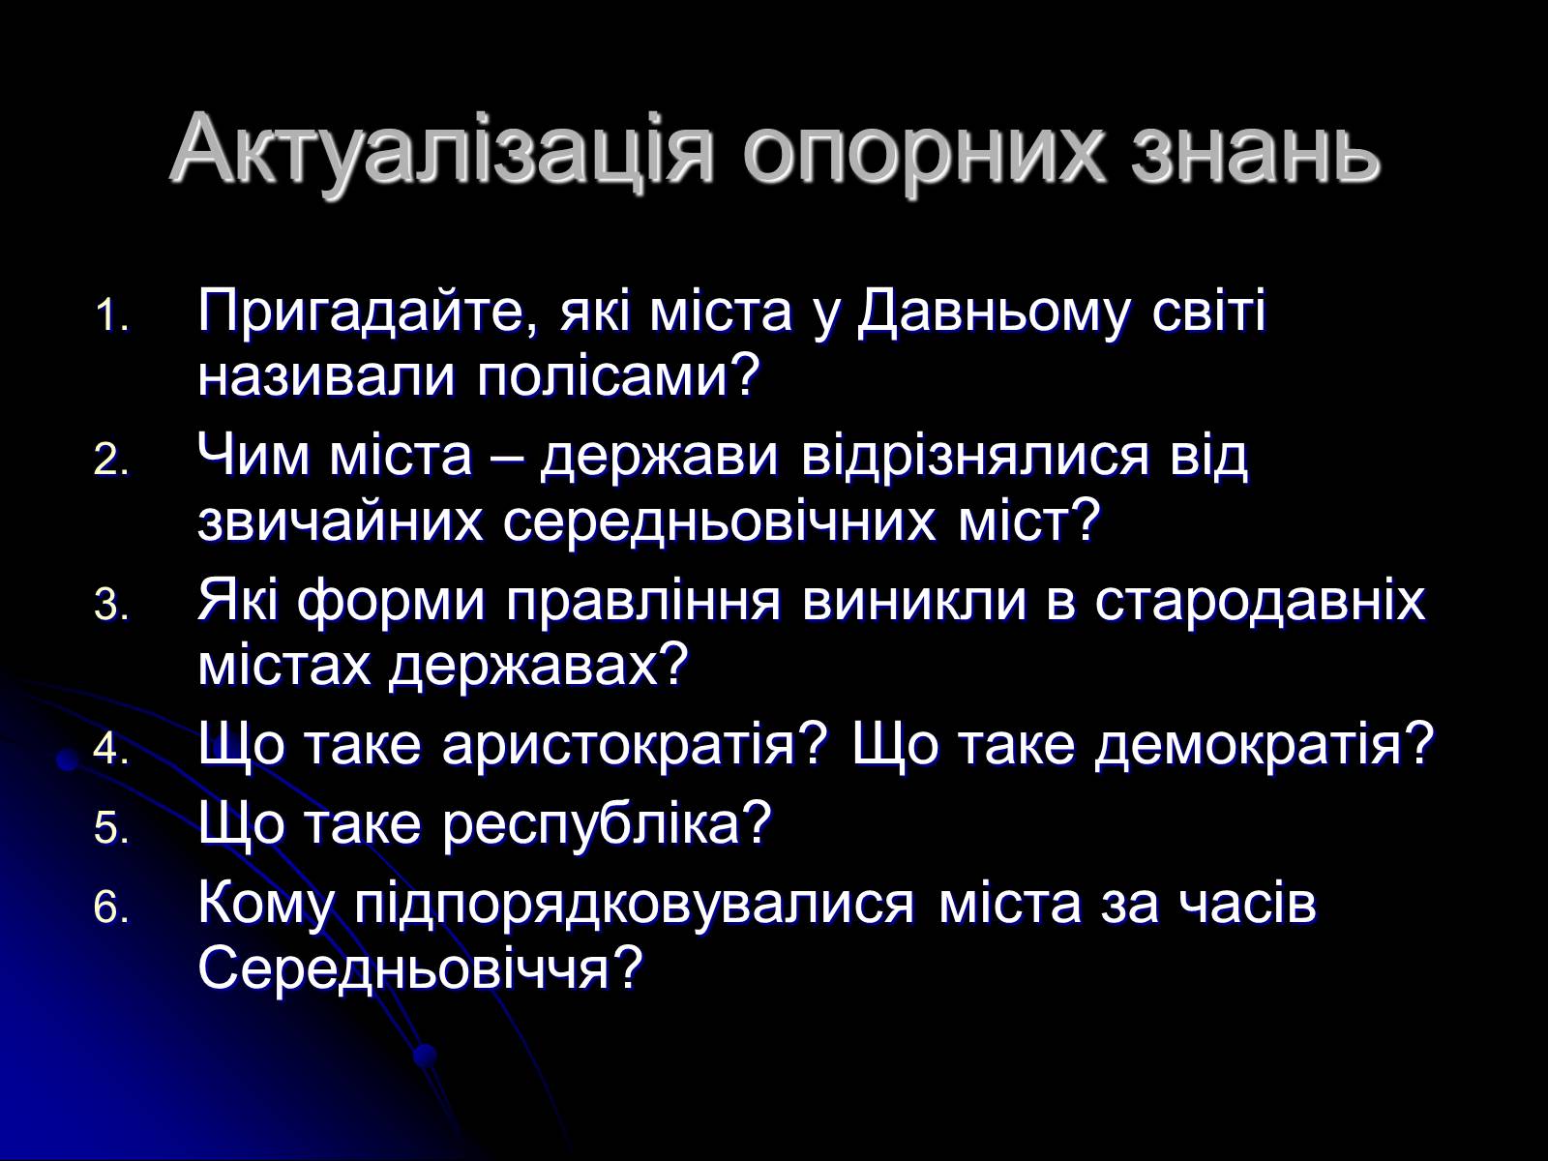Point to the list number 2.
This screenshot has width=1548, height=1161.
(x=111, y=461)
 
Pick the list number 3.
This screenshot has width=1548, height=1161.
(x=111, y=607)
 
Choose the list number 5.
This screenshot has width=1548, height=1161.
(x=111, y=827)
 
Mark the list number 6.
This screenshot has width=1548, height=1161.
(x=111, y=908)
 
